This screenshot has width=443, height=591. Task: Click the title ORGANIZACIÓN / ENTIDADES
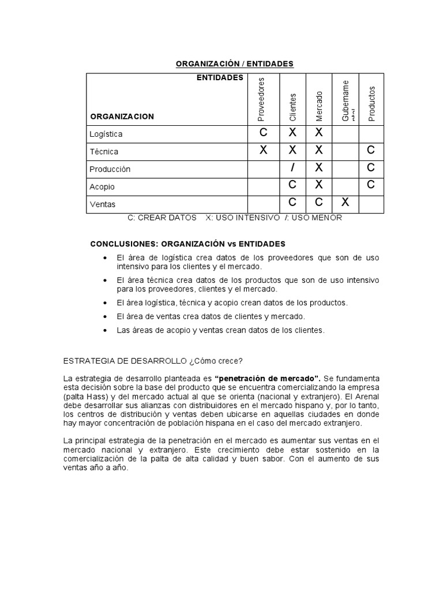tap(235, 63)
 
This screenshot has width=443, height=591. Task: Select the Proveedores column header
tap(261, 99)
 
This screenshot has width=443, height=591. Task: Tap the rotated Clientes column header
tap(292, 107)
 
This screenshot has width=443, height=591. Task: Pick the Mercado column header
tap(319, 106)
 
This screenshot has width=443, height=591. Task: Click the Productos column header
tap(371, 104)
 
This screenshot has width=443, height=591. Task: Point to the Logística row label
tap(106, 134)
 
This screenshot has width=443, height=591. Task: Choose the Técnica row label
tap(104, 152)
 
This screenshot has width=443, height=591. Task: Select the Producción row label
tap(110, 169)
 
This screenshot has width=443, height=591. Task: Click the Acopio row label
tap(102, 187)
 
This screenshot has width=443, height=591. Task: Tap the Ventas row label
tap(103, 204)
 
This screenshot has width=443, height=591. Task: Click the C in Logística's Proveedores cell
tap(264, 133)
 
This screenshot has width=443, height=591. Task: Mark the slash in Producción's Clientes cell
tap(292, 168)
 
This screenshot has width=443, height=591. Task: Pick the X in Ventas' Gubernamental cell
tap(345, 203)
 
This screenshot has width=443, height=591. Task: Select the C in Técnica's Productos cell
tap(371, 151)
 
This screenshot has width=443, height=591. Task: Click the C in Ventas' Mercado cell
tap(319, 203)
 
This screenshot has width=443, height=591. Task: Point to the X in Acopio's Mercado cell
tap(319, 185)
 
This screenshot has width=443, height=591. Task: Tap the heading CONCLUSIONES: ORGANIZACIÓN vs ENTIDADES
tap(187, 244)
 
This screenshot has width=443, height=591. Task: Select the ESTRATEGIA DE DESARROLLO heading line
tap(153, 361)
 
